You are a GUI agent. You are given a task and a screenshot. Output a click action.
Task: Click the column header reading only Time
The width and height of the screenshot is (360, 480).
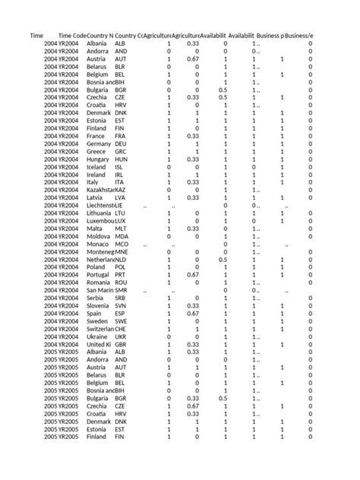[36, 36]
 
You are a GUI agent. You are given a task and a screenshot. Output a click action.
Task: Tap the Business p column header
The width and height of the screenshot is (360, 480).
[271, 36]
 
